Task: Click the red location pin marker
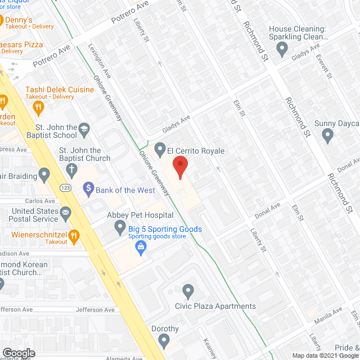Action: [x=179, y=167]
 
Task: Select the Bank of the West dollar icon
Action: [x=88, y=190]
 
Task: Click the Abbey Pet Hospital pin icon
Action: [x=120, y=227]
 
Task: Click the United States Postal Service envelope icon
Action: [x=66, y=212]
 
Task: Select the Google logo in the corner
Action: [x=19, y=353]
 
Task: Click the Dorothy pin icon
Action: [x=164, y=340]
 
